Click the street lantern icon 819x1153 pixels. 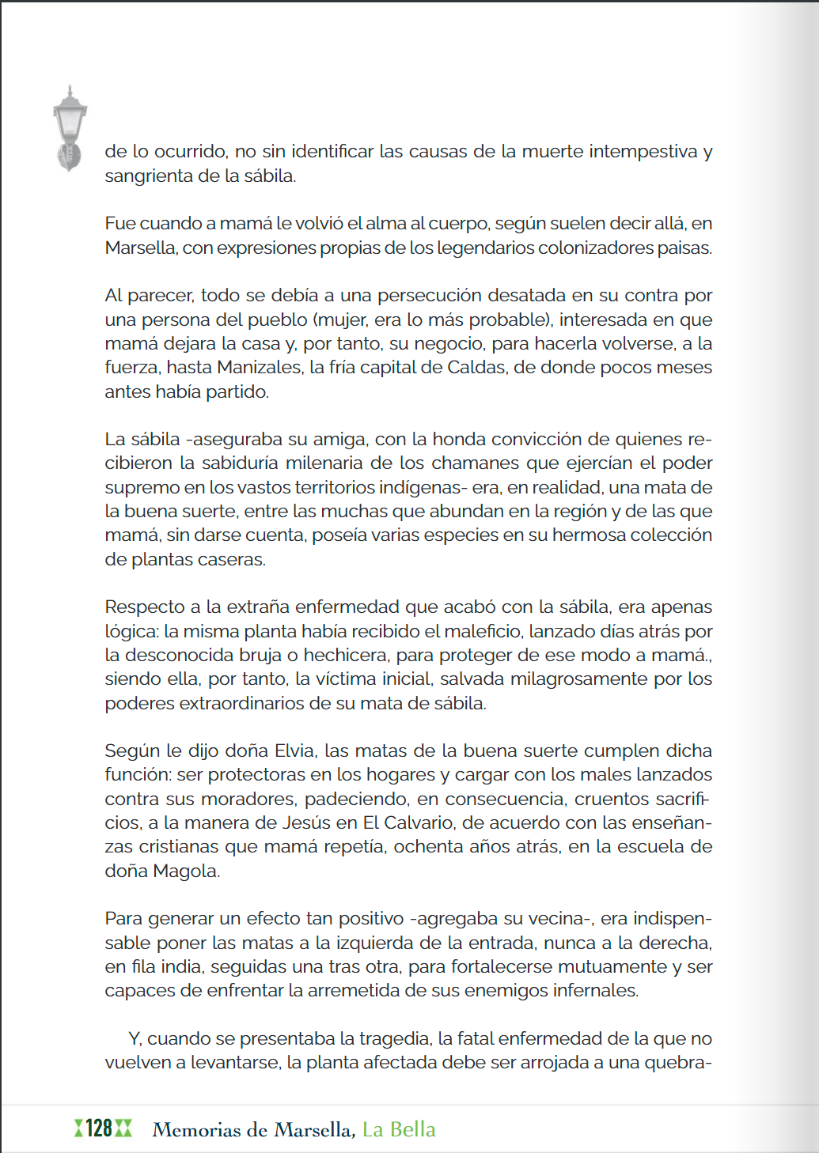pos(70,127)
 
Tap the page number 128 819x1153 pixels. pos(99,1128)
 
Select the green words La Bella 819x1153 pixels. pos(399,1129)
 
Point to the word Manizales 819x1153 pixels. pos(259,368)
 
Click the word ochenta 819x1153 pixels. pos(432,847)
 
